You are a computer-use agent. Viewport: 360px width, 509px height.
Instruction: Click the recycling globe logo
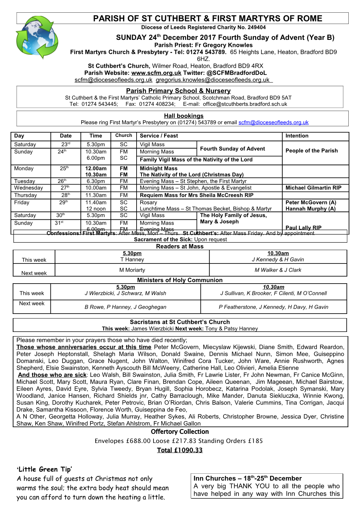click(x=37, y=37)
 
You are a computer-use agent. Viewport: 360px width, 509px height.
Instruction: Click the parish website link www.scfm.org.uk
click(x=156, y=73)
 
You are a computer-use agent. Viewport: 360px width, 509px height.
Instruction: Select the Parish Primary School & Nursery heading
click(x=178, y=91)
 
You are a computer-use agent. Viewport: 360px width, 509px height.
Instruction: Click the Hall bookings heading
click(x=184, y=116)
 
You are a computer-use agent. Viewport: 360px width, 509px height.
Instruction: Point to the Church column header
click(x=124, y=135)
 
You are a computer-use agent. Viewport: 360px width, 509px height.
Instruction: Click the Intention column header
click(x=297, y=136)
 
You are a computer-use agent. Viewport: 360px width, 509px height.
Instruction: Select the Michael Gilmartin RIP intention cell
click(x=313, y=188)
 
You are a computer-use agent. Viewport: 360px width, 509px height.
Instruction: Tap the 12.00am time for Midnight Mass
click(x=96, y=169)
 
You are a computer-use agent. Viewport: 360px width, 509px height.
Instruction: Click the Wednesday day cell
click(x=29, y=188)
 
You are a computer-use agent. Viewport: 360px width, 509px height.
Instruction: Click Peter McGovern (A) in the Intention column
click(x=311, y=202)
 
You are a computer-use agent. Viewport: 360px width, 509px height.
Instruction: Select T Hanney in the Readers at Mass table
click(x=132, y=260)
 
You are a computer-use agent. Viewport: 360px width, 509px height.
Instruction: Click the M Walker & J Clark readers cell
click(x=278, y=270)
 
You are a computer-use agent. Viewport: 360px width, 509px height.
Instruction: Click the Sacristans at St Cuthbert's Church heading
click(x=180, y=322)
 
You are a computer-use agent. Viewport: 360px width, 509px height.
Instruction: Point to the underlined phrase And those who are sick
click(x=52, y=375)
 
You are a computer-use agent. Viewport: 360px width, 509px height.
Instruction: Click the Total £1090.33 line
click(x=180, y=450)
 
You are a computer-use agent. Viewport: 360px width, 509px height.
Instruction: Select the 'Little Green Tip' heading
click(x=44, y=469)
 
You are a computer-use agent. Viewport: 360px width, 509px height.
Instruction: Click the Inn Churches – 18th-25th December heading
click(x=247, y=479)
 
